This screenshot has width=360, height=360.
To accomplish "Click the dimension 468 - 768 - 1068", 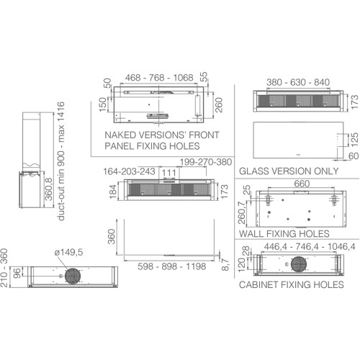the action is (x=159, y=78).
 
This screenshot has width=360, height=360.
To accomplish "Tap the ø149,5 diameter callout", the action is (x=68, y=252).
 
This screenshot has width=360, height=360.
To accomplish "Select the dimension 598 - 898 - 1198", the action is (x=172, y=266).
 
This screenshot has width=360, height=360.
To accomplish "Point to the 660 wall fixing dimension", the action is (x=302, y=184).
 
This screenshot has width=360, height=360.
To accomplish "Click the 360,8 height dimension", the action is (x=49, y=189).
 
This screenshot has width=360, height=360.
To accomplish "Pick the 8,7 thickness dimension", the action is (x=225, y=264).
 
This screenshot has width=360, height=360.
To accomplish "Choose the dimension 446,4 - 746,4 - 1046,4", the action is (x=310, y=247).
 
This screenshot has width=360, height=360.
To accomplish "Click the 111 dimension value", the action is (x=169, y=173).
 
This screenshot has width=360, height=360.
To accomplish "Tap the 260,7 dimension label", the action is (x=242, y=212).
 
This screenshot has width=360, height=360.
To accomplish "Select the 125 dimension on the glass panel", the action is (x=355, y=140).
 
